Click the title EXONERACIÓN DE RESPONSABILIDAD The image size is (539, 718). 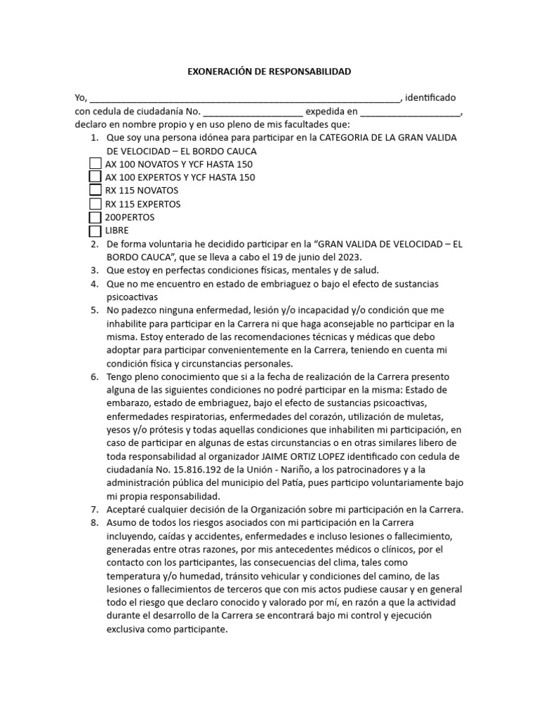269,72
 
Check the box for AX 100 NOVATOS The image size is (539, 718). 95,163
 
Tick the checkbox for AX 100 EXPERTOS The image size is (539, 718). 95,177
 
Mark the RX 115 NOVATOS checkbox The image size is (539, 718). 95,190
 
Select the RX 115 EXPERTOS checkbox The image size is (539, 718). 95,203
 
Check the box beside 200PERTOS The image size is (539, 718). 95,217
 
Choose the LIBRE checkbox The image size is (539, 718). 95,231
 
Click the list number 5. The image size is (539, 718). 94,310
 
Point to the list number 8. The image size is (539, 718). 94,523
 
